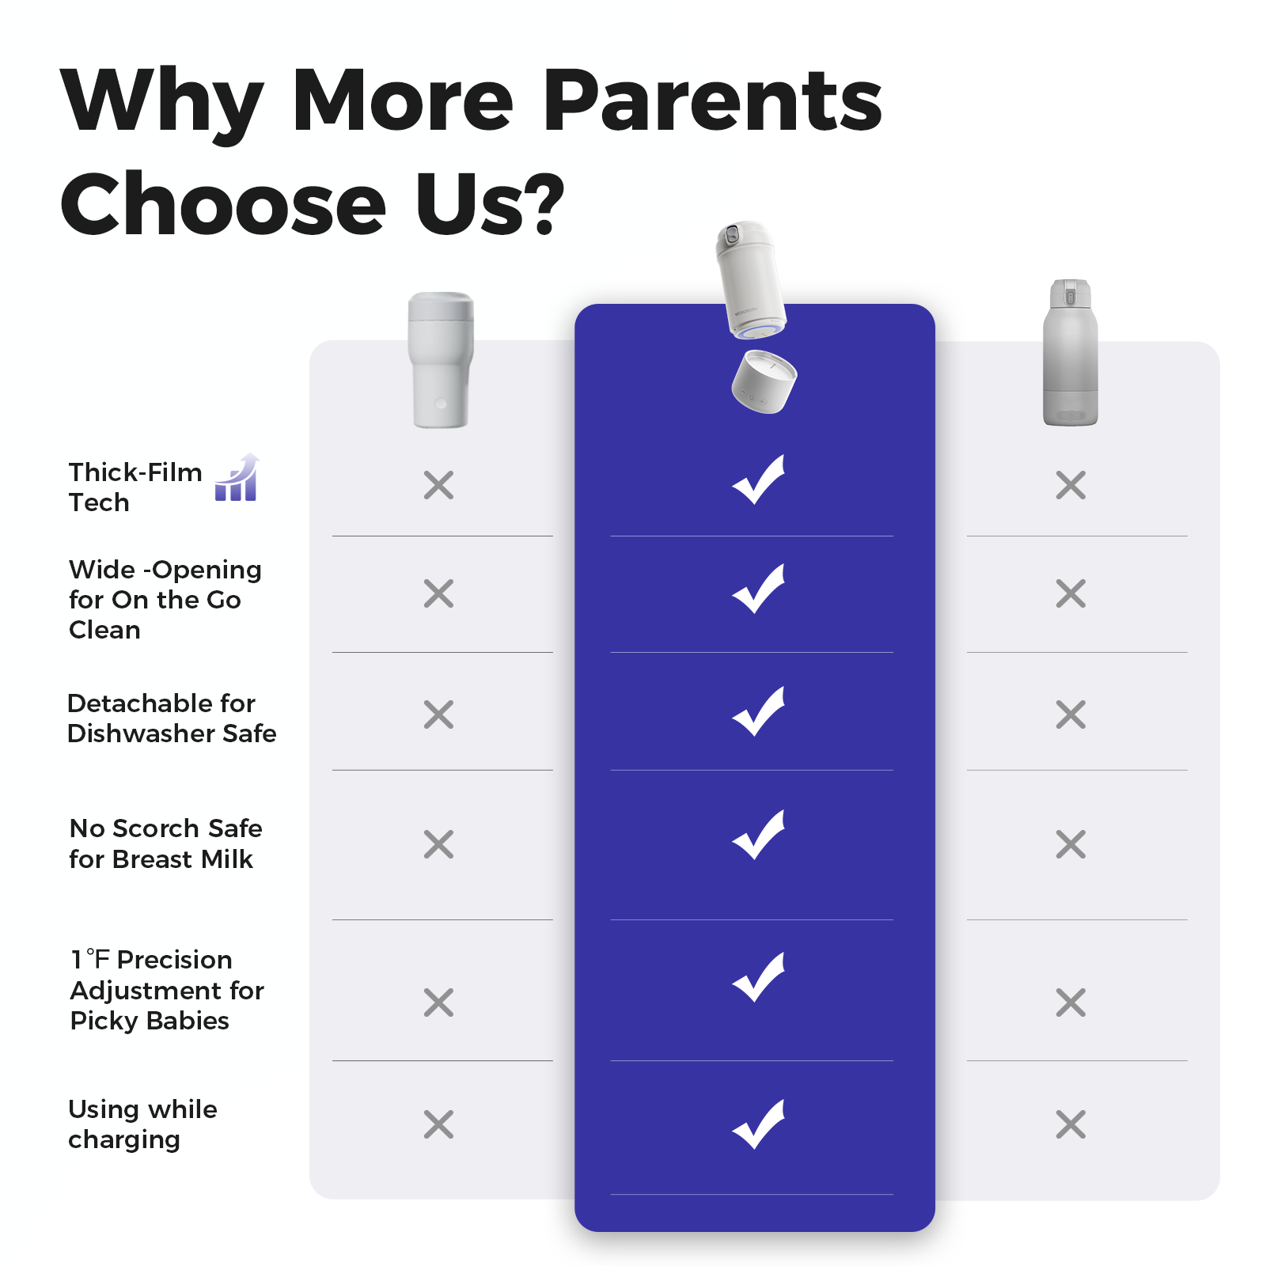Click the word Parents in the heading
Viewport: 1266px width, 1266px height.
tap(713, 100)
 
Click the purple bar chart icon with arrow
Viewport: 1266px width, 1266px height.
tap(237, 477)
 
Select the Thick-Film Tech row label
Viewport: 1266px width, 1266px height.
tap(135, 487)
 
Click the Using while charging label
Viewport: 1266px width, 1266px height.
tap(142, 1124)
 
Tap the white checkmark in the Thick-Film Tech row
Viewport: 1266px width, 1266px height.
tap(758, 479)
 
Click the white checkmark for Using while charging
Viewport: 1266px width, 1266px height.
tap(758, 1124)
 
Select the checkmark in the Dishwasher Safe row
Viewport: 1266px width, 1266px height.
tap(758, 711)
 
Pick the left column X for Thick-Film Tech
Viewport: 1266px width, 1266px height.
tap(438, 485)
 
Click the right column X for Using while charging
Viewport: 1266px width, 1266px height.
tap(1071, 1124)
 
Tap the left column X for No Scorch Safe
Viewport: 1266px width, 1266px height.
tap(438, 844)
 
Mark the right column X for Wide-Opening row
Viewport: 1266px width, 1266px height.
tap(1071, 593)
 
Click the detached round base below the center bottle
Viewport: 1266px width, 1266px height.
tap(764, 381)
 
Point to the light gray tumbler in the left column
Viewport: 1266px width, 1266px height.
tap(441, 360)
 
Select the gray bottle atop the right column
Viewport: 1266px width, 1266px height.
tap(1071, 353)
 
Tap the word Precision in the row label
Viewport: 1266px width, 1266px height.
tap(175, 960)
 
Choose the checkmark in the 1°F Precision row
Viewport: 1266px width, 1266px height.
tap(758, 977)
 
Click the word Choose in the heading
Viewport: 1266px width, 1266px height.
tap(224, 204)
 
